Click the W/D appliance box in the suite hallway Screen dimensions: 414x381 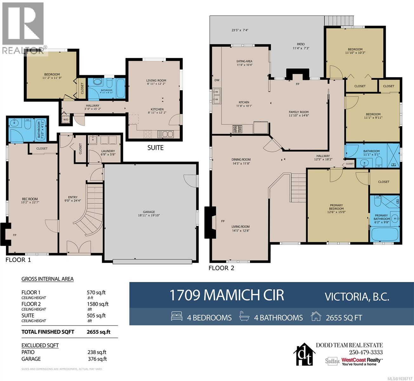coord(66,119)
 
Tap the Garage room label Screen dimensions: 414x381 coord(149,212)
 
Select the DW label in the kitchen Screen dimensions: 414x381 coord(217,80)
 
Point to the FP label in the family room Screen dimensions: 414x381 coord(297,84)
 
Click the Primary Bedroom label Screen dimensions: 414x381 coord(336,207)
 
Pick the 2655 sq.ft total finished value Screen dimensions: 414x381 coord(98,332)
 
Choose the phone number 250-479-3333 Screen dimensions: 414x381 coord(366,352)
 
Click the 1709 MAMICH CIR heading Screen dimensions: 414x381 coord(227,295)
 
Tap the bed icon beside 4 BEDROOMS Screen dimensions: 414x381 coord(177,316)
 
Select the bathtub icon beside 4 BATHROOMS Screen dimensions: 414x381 coord(244,316)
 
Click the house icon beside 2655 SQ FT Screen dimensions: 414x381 coord(316,316)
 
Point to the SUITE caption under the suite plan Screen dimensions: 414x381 coord(155,148)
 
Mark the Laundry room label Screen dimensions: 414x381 coord(108,151)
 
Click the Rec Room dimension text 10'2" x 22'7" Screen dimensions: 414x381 coord(30,202)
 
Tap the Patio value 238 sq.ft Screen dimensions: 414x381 coord(97,352)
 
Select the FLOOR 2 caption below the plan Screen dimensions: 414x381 coord(221,268)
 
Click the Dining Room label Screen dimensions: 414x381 coord(241,159)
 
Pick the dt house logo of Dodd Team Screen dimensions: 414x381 coord(305,354)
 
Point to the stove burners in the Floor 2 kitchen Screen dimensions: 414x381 coord(237,129)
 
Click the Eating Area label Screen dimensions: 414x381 coord(244,61)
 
